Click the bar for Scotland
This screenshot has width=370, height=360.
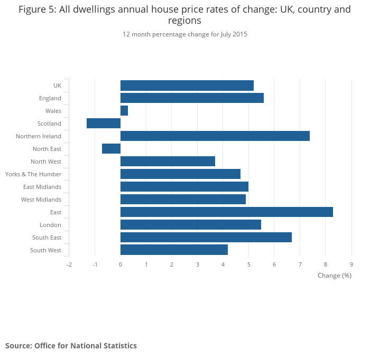(x=104, y=124)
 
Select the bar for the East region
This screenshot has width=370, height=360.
(x=226, y=212)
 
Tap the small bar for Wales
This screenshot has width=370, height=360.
(x=124, y=111)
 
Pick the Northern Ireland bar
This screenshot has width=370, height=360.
(x=215, y=136)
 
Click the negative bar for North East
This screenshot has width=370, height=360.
(x=111, y=149)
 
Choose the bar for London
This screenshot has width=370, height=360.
(x=190, y=225)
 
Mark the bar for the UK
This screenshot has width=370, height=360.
(x=187, y=86)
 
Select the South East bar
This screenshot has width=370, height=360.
(x=206, y=238)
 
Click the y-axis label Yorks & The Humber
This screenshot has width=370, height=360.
(x=33, y=174)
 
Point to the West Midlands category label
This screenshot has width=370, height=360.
(x=41, y=200)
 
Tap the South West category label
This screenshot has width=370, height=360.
(x=45, y=250)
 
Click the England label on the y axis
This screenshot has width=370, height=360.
(x=50, y=98)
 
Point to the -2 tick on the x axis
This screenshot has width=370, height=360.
(x=69, y=264)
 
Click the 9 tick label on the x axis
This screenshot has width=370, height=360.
(x=351, y=264)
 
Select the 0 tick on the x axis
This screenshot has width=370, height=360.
(x=121, y=264)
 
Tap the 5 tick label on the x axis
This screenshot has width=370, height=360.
(x=249, y=264)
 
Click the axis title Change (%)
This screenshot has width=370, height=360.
(x=334, y=276)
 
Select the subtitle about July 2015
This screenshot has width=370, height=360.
(x=185, y=34)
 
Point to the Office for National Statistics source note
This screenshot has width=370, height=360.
(x=71, y=346)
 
